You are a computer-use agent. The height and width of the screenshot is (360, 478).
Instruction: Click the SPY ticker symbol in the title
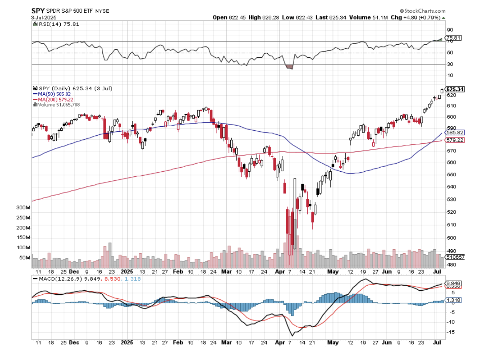38,11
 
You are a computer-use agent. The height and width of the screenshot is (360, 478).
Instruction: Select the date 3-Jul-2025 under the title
44,17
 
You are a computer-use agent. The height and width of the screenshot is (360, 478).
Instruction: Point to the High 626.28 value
264,17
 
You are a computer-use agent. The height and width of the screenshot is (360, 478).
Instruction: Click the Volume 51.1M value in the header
368,17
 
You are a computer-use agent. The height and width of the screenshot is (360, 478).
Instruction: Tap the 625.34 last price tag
455,89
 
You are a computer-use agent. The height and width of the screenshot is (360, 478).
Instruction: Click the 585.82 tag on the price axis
455,133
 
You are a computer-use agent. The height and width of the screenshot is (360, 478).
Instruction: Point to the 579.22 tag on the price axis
455,140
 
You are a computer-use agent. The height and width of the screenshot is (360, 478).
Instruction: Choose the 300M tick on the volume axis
23,208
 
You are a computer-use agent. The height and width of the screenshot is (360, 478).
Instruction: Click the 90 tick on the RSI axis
450,30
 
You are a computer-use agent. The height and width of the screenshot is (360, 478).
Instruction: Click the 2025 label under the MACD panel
127,343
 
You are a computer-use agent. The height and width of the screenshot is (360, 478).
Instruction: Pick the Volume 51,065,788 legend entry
58,105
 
